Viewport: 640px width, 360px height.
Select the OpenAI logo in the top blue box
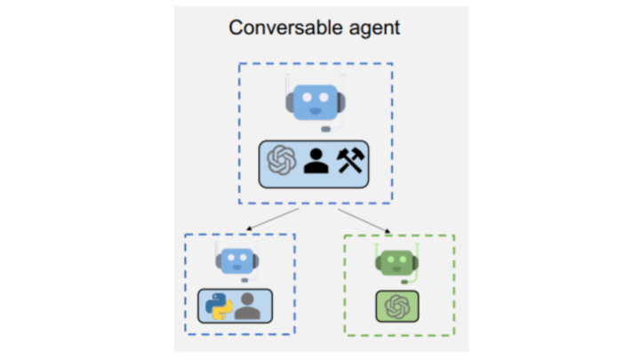pos(282,161)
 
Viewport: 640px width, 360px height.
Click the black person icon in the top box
pos(316,161)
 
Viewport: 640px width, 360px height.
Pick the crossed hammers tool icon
pos(351,161)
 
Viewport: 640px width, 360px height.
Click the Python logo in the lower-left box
pos(217,306)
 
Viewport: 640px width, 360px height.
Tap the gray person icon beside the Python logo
pos(249,306)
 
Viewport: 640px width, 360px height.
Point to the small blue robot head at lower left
pos(237,260)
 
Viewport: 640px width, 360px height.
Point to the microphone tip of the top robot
pos(326,129)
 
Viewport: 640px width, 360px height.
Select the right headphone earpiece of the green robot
pos(415,261)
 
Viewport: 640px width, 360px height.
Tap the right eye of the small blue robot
pos(244,258)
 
